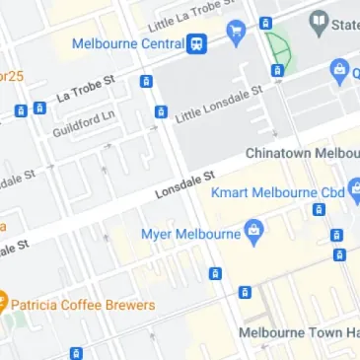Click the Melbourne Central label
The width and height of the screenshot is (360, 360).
(128, 43)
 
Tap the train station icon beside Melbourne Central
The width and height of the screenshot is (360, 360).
(198, 43)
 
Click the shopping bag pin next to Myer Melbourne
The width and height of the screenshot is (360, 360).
(255, 233)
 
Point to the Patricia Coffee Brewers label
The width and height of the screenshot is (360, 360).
(85, 305)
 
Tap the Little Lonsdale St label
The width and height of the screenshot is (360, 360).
(219, 104)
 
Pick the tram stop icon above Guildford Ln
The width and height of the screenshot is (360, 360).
(146, 82)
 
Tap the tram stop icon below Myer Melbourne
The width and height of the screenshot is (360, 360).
(214, 273)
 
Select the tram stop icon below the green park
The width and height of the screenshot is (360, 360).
(277, 70)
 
